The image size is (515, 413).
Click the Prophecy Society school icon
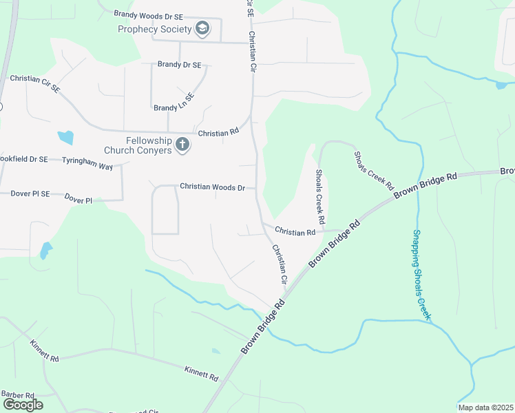tap(202, 28)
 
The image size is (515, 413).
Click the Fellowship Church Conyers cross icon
tap(182, 145)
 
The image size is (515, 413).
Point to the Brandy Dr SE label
tap(179, 65)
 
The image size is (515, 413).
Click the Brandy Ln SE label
tap(174, 108)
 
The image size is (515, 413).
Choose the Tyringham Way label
tap(87, 159)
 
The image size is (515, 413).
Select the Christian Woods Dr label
tap(213, 187)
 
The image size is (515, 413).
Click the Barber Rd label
tap(17, 394)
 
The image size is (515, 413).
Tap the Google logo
tap(22, 404)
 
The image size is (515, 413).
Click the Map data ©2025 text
tap(485, 407)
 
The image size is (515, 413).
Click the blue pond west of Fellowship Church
tap(66, 137)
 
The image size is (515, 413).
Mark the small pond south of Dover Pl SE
tap(45, 249)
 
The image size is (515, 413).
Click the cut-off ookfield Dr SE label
tap(23, 159)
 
